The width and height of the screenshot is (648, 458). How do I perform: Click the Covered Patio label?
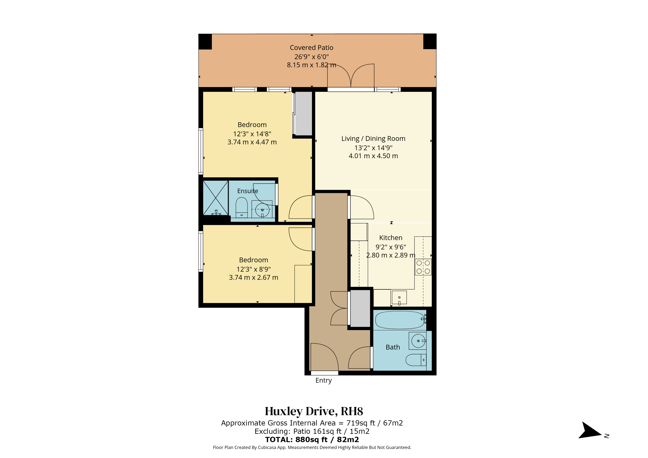point(312,48)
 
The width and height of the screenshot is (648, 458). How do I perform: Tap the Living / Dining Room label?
point(373,139)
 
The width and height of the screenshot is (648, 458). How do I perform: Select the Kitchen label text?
point(391,238)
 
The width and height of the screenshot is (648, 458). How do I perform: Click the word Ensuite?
point(248,191)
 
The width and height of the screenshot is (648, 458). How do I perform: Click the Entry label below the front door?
point(323,381)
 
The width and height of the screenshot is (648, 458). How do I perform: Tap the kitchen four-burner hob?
point(423,267)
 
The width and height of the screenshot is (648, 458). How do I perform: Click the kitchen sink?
point(399,298)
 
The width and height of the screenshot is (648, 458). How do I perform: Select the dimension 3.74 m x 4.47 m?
point(252,142)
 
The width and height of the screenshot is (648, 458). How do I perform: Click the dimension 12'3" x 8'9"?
point(253,269)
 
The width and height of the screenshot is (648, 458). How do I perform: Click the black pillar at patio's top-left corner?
point(205,42)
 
